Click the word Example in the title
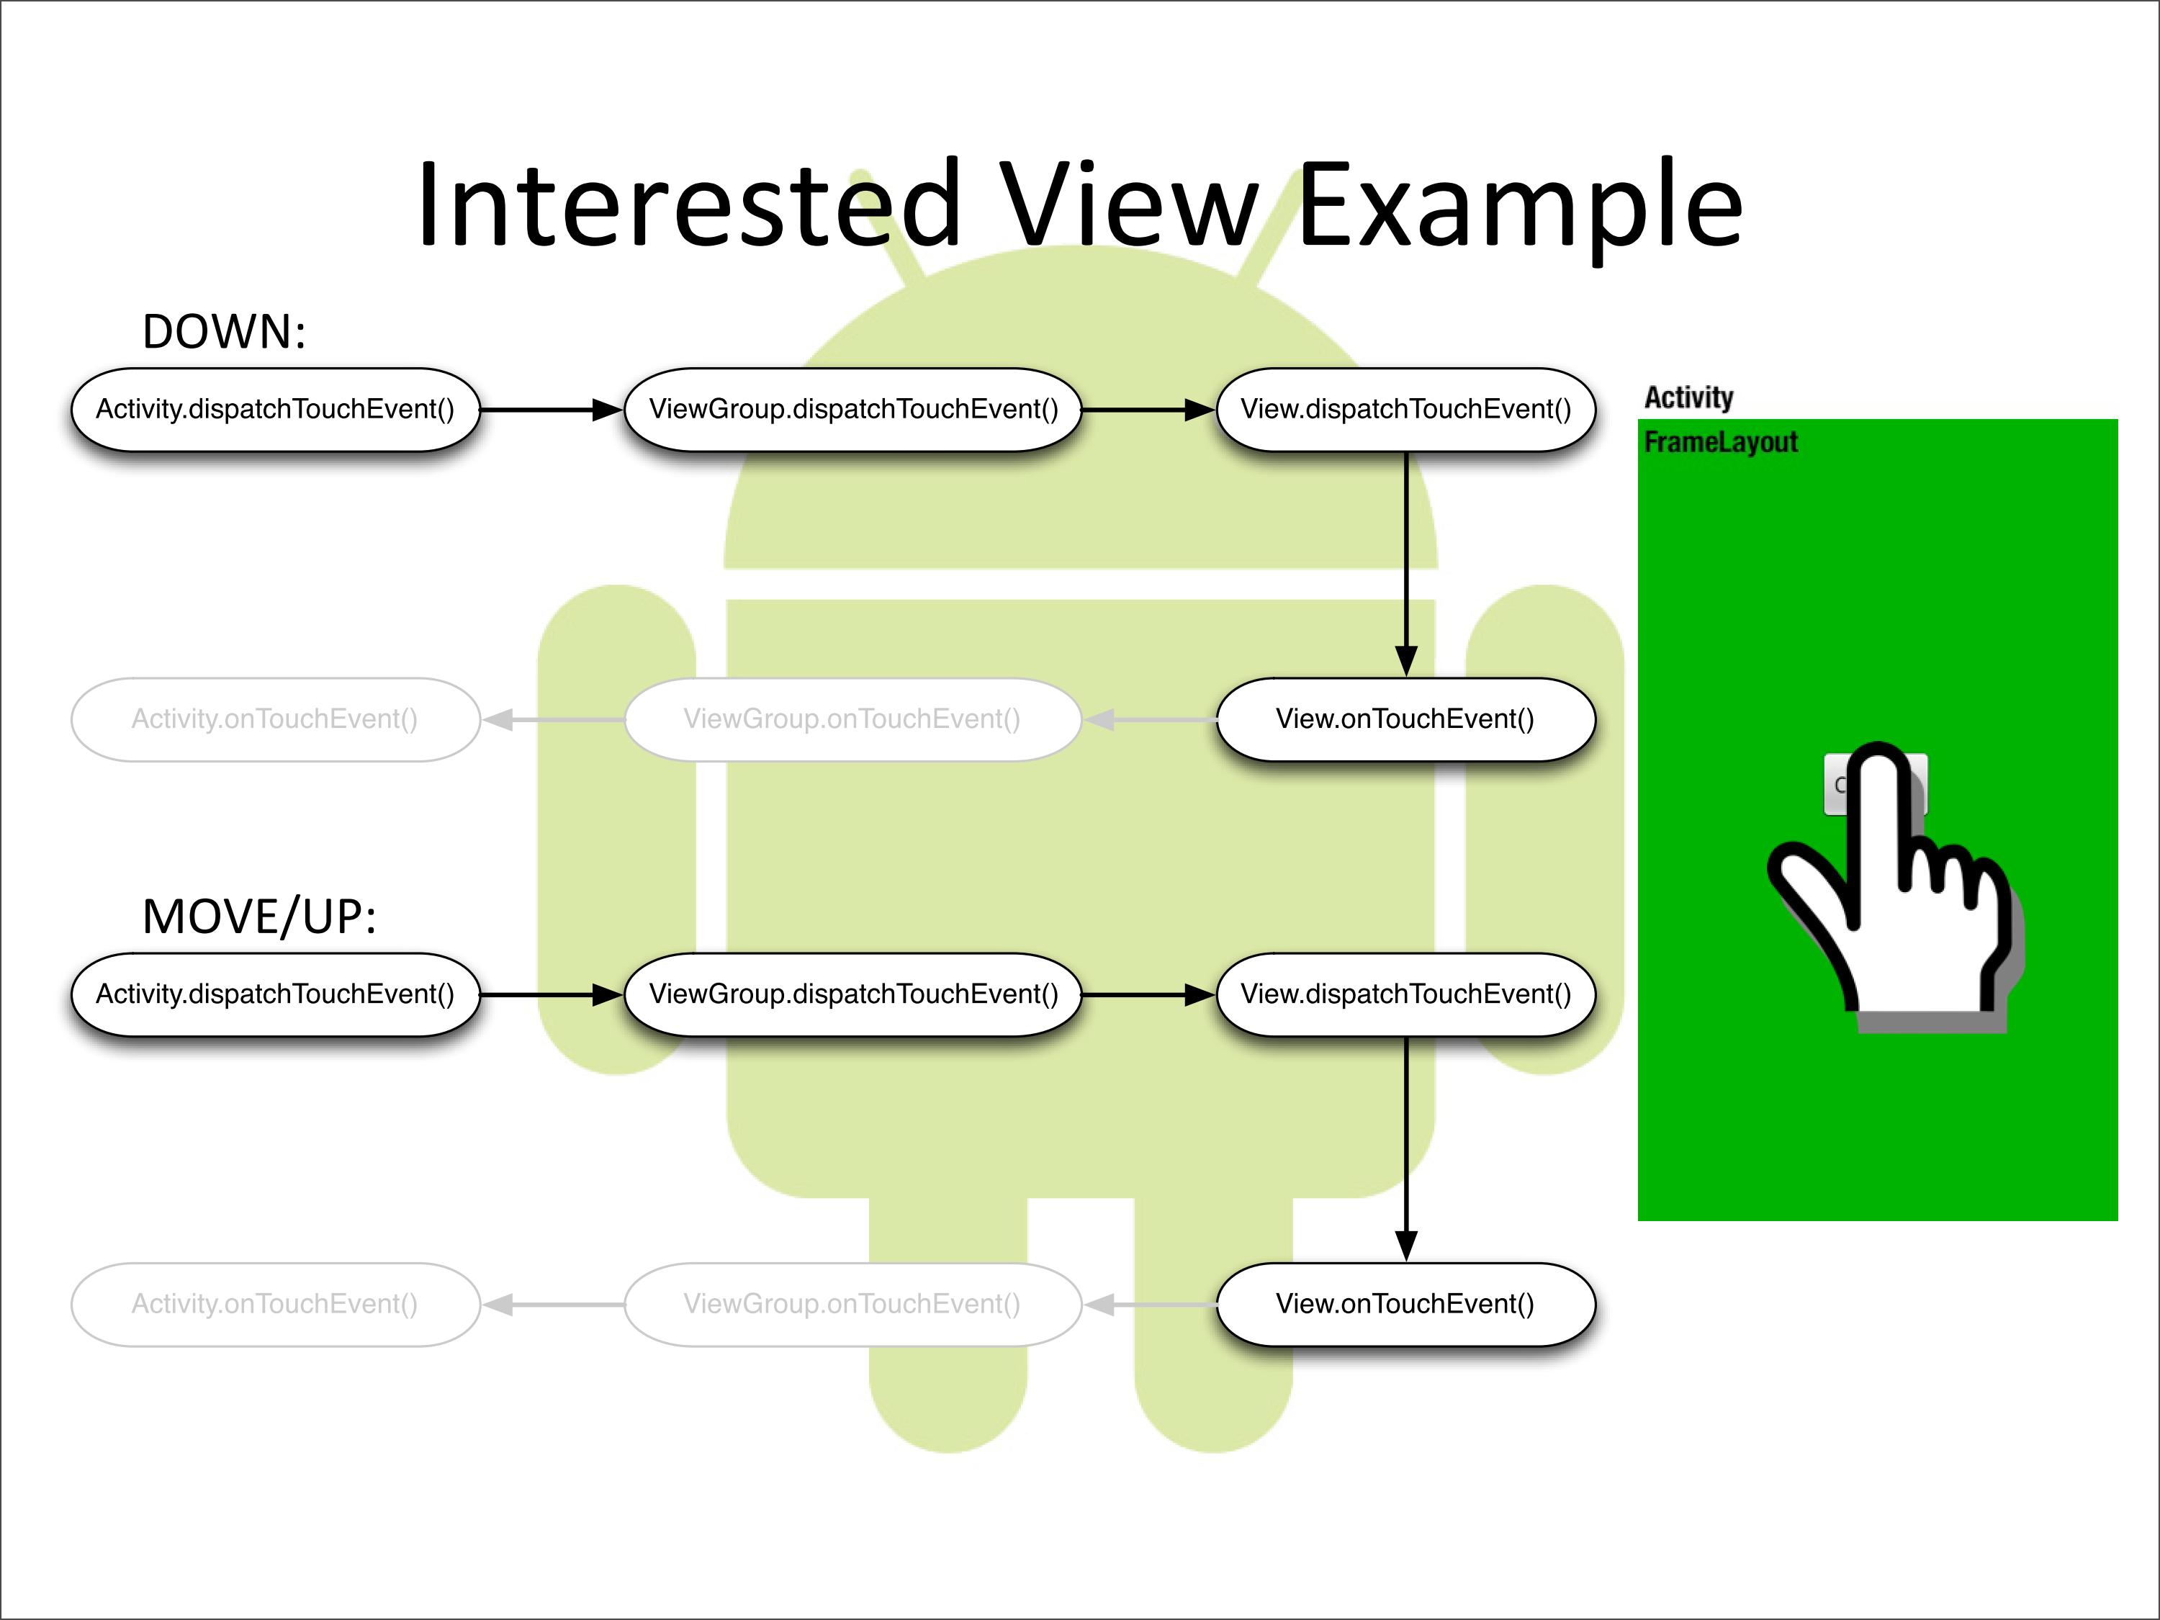1519,207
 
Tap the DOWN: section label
224,332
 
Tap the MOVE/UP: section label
258,917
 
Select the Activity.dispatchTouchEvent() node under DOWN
275,409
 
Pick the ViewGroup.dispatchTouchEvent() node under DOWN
853,409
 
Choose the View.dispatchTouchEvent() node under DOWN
1405,409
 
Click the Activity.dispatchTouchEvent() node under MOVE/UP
275,994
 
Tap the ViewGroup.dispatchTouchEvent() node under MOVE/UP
853,994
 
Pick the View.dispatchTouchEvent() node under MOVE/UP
1405,994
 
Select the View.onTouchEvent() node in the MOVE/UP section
1405,1305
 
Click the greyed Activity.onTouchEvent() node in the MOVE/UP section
275,1305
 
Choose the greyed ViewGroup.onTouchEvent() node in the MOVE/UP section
852,1305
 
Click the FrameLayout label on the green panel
1721,442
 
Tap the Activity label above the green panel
1688,397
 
